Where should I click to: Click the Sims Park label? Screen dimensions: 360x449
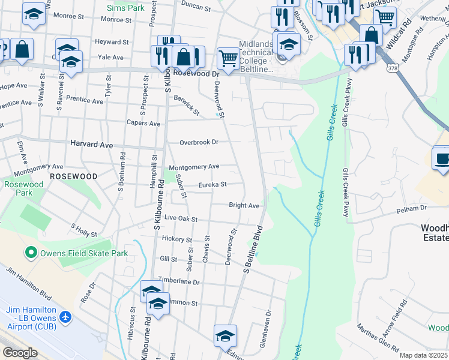(125, 8)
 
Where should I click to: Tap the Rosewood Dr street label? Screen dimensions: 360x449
(196, 73)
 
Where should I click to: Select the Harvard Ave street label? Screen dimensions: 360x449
(91, 145)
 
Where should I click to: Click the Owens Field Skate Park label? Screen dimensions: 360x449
(83, 253)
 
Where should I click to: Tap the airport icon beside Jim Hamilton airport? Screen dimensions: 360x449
(65, 316)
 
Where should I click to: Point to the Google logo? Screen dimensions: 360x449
(20, 353)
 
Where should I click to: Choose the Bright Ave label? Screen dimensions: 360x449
(244, 205)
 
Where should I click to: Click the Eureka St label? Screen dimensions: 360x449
(212, 185)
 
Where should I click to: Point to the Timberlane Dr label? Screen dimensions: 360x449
(178, 281)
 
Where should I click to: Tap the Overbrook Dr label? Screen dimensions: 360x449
(199, 142)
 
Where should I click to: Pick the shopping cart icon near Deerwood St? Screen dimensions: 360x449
(228, 58)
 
